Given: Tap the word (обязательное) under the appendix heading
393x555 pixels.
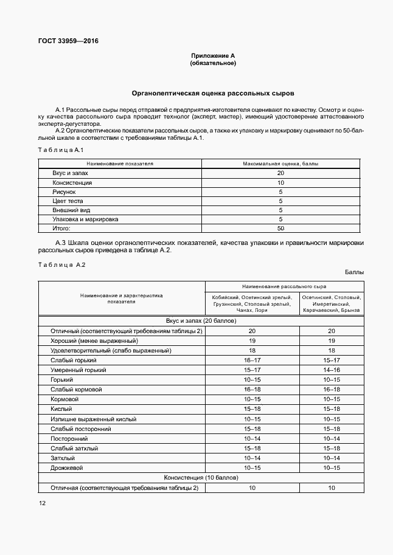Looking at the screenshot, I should pos(213,63).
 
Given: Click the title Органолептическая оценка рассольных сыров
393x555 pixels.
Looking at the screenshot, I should pos(213,94).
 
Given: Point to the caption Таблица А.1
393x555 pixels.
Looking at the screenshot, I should pos(60,150).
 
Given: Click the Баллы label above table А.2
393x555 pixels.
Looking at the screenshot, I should pos(354,272).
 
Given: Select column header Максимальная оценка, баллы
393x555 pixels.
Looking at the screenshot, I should pos(280,164).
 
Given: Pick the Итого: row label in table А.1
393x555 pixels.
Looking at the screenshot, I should pos(61,228).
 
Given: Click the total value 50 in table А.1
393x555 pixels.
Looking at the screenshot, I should pos(280,228).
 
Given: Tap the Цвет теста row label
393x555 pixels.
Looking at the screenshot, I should pos(68,201).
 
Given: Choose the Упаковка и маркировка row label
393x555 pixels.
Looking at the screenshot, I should pos(85,219).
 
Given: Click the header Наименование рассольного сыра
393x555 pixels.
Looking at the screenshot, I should pos(284,285).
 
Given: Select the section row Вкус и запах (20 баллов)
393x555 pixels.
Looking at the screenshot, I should pos(201,320).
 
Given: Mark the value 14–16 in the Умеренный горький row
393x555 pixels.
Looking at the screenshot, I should pos(332,370).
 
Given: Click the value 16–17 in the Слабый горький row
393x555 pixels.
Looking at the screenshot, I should pos(252,360).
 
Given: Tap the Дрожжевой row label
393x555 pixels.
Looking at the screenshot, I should pos(67,468).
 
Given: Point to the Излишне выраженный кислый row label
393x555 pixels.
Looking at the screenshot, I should pos(94,419).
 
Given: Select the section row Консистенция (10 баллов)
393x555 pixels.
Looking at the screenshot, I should pos(201,478).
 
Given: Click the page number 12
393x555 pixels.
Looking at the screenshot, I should pos(41,503).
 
